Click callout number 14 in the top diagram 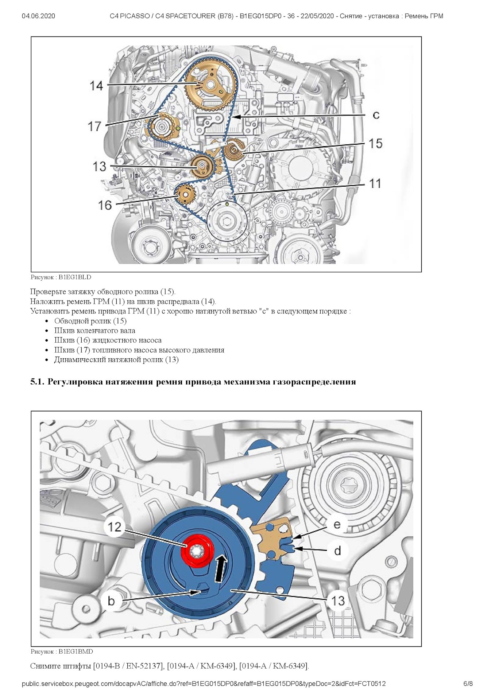coord(96,86)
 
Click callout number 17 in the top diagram coord(94,126)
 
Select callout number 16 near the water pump coord(105,205)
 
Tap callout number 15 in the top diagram coord(375,143)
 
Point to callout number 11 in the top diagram coord(375,183)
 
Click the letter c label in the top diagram coord(376,115)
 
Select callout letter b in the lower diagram coord(111,600)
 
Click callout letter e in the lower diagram coord(337,524)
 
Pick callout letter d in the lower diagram coord(337,551)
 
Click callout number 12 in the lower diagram coord(114,526)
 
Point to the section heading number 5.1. coord(37,382)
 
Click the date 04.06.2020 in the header coord(38,16)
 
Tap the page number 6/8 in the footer coord(468,684)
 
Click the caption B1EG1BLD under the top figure coord(75,277)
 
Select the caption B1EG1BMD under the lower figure coord(76,652)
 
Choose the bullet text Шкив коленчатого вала coord(95,331)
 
